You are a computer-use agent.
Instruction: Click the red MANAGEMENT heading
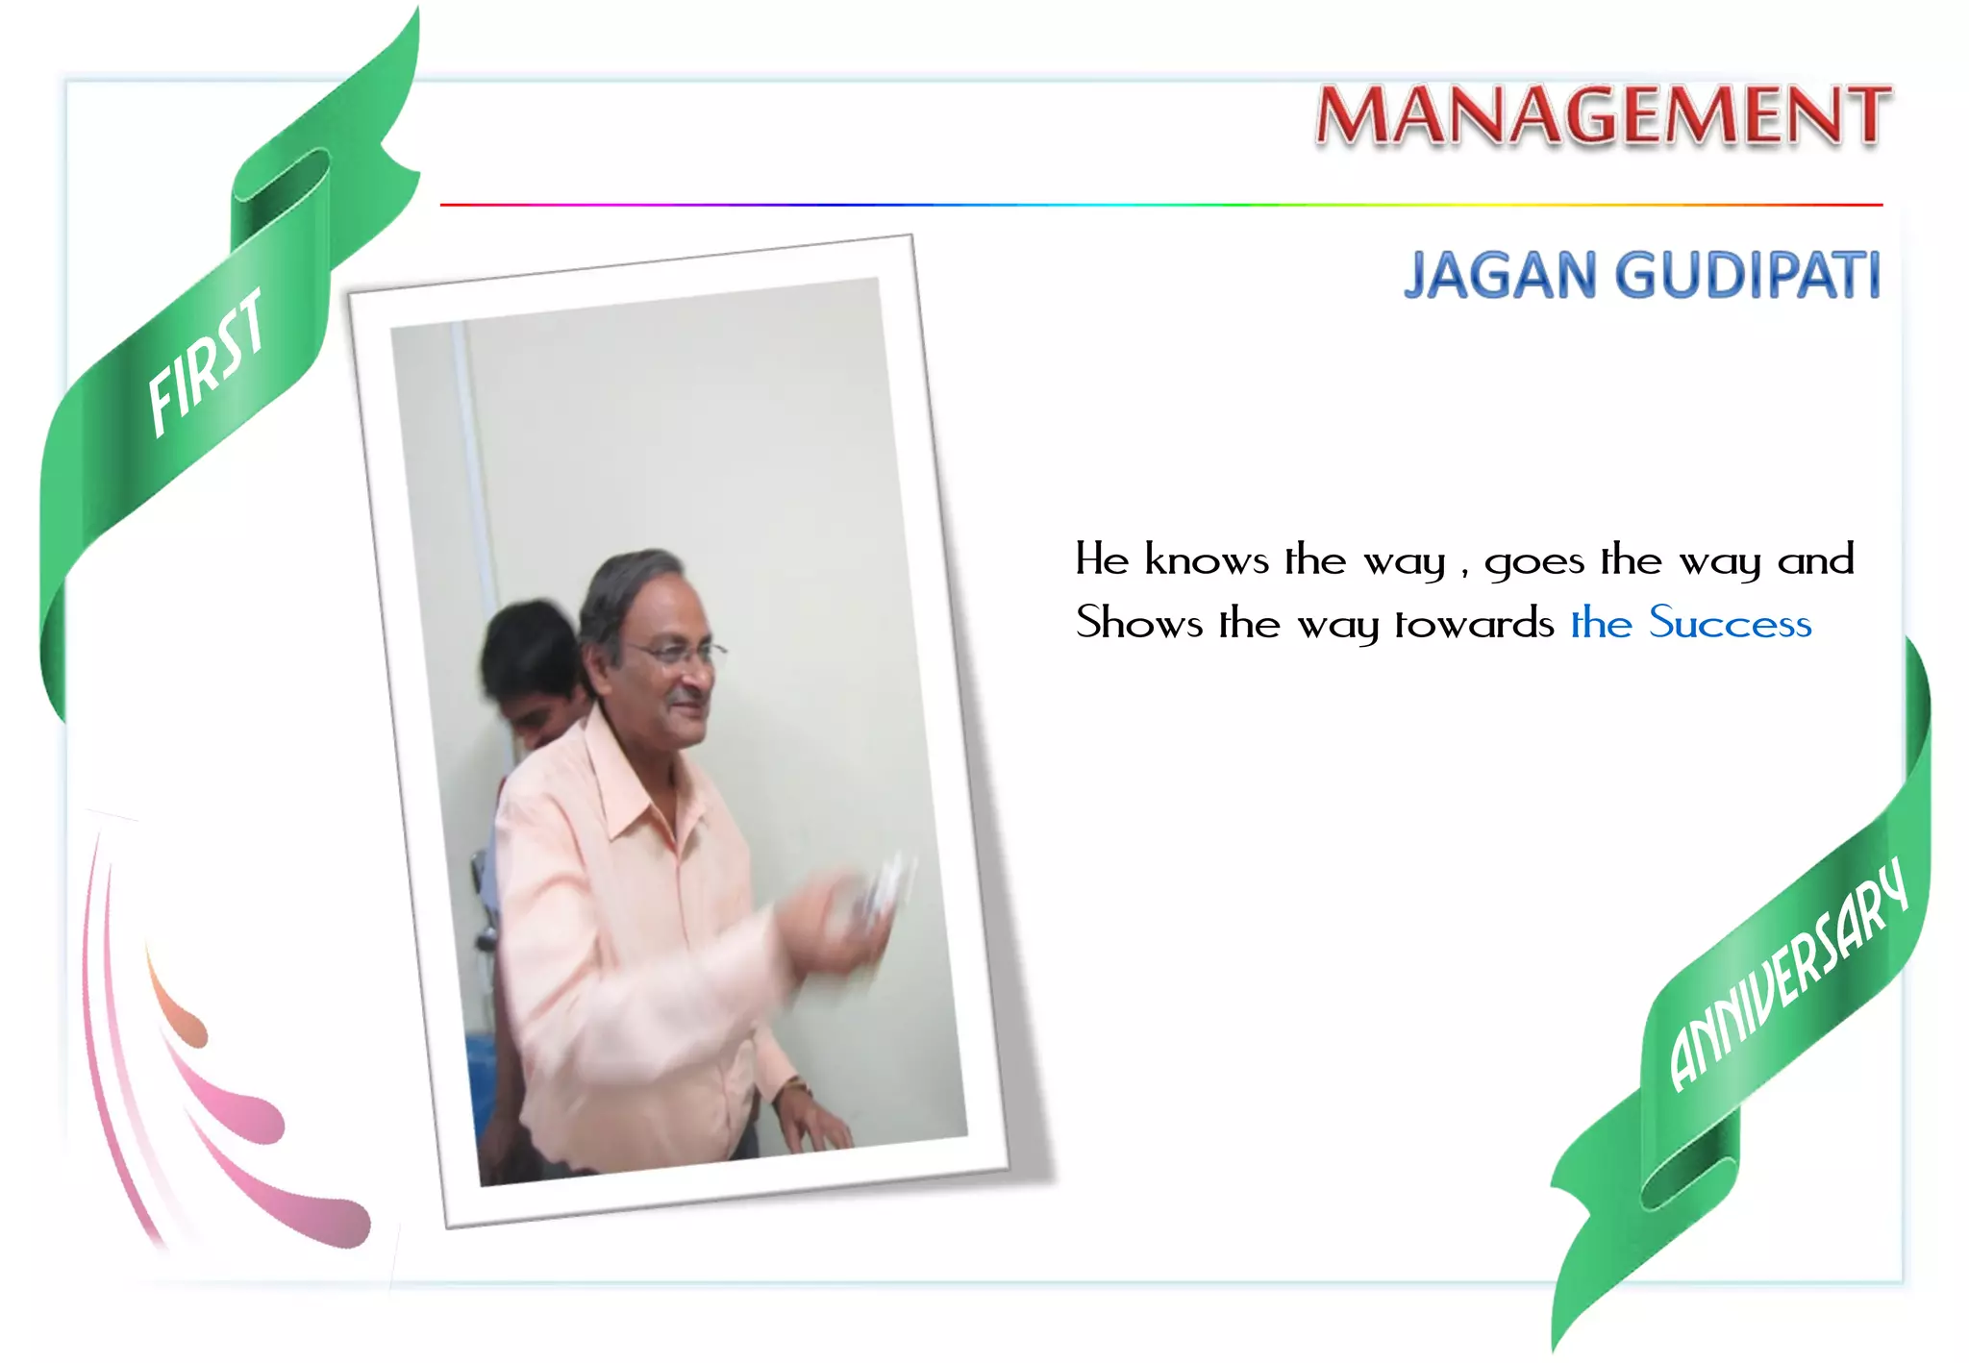click(1603, 115)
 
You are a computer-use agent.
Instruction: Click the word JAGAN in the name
click(1500, 276)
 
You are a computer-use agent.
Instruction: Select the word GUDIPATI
click(1747, 276)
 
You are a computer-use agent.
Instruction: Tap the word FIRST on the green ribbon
click(207, 362)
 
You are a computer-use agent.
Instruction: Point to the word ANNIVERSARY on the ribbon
click(1788, 976)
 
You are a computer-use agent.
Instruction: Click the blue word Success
click(1731, 623)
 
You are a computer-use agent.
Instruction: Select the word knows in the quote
click(1206, 559)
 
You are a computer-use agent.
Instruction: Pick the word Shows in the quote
click(1138, 623)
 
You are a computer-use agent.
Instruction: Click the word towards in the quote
click(1474, 623)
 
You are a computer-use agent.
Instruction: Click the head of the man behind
click(529, 654)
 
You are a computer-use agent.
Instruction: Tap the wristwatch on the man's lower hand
click(794, 1088)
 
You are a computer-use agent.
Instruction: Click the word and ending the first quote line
click(1815, 559)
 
